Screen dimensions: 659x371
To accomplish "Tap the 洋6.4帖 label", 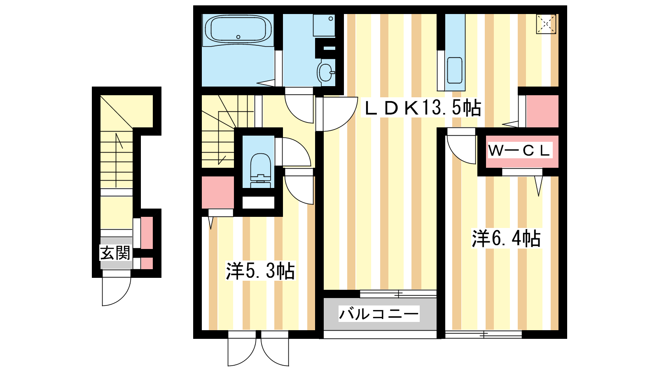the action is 506,238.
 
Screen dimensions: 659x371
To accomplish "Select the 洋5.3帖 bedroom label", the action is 260,270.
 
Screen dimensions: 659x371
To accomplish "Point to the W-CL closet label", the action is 519,150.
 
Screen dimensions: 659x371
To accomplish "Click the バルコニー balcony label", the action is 379,314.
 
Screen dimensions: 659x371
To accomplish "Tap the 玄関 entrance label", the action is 115,253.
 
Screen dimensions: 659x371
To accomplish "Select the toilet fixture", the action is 260,170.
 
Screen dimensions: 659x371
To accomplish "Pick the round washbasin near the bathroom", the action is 325,72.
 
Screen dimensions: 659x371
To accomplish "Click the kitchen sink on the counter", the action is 455,70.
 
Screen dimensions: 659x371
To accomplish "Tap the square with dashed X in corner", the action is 546,24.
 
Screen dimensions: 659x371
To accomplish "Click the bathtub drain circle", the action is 238,37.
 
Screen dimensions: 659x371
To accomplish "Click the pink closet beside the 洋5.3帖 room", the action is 218,192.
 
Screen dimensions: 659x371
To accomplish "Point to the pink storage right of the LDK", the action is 542,111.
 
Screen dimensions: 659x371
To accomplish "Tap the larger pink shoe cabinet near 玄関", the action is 147,233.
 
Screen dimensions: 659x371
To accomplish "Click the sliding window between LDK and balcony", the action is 398,294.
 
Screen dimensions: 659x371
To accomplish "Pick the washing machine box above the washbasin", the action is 324,25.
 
